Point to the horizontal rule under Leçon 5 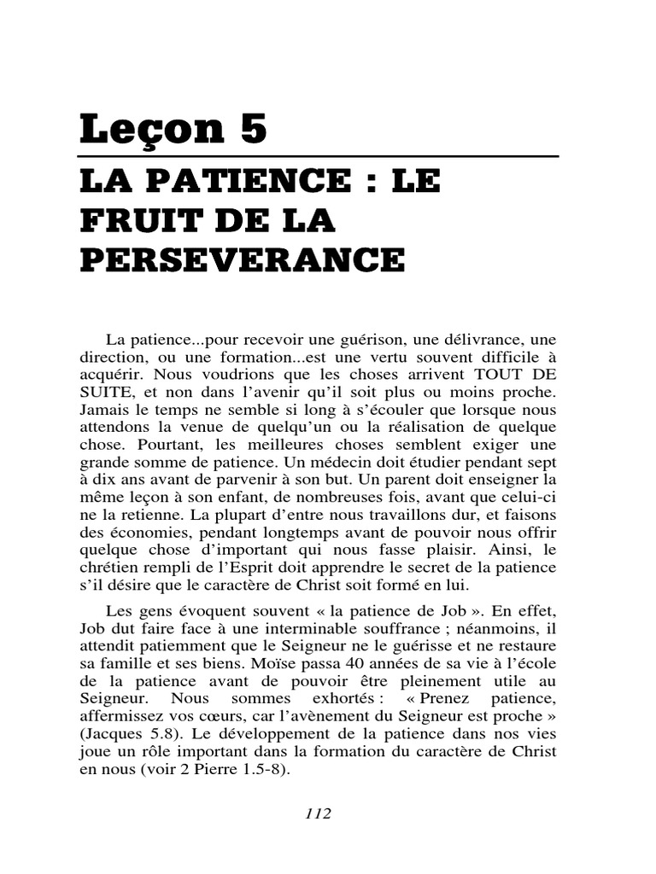pos(319,157)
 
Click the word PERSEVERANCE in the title pos(243,259)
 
